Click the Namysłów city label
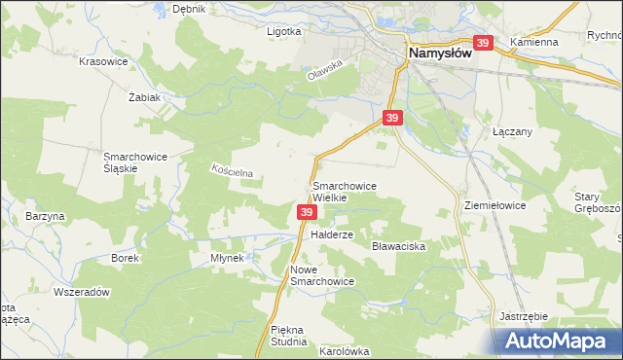point(438,54)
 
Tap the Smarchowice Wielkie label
point(344,191)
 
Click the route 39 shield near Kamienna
point(483,44)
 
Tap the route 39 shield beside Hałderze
point(307,212)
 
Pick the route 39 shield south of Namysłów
point(391,118)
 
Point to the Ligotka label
point(284,31)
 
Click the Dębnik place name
point(188,9)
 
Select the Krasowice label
point(104,60)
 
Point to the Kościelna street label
point(233,171)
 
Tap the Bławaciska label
point(400,247)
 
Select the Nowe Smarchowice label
point(321,274)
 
